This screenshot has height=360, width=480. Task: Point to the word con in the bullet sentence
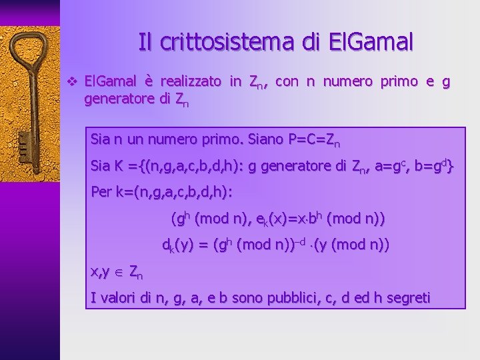click(287, 82)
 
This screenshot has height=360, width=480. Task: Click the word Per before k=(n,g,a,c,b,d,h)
click(102, 192)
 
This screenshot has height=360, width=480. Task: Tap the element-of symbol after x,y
click(119, 271)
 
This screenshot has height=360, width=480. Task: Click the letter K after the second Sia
click(114, 167)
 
